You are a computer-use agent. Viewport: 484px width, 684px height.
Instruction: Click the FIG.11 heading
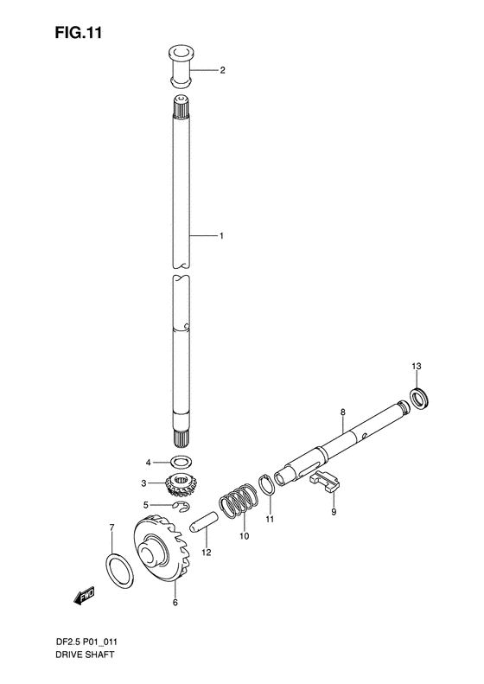[78, 33]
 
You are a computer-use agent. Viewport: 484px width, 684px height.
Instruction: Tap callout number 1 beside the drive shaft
[221, 236]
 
